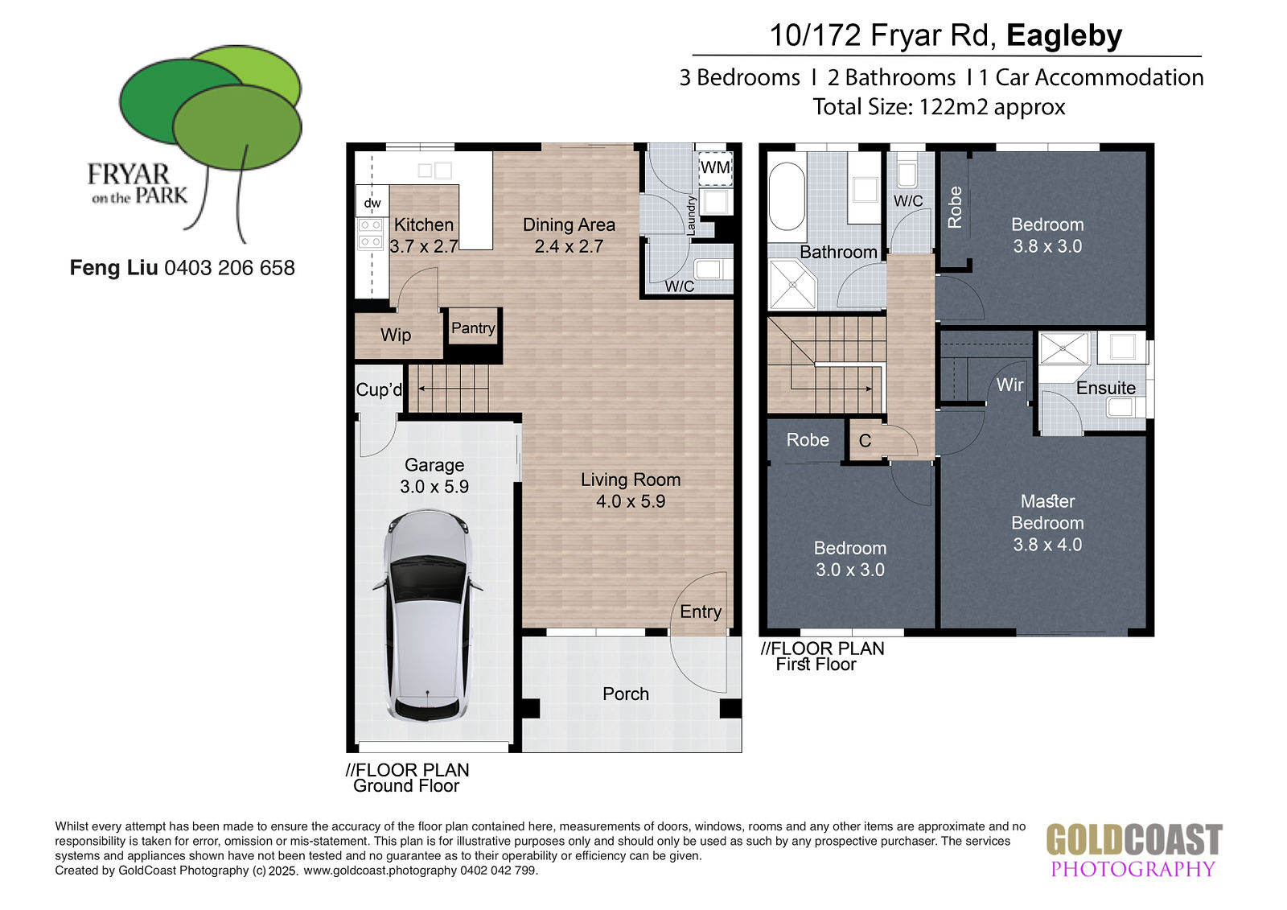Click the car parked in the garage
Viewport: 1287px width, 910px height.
point(427,616)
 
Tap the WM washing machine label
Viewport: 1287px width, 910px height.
point(715,167)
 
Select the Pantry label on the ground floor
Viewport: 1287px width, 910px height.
point(473,328)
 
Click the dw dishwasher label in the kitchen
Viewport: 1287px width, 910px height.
point(372,203)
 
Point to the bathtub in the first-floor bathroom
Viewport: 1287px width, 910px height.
point(787,196)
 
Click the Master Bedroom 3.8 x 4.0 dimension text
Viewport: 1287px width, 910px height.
point(1047,545)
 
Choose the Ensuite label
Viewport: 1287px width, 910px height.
point(1105,388)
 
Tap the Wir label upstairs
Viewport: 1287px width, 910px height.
point(1009,385)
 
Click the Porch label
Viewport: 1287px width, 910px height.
point(626,694)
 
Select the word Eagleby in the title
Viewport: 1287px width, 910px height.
point(1064,35)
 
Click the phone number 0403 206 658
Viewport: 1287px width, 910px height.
point(229,268)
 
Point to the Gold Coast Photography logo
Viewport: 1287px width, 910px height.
point(1133,850)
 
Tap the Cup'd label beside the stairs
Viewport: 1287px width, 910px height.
point(379,389)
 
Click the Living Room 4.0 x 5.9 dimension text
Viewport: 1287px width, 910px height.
point(631,501)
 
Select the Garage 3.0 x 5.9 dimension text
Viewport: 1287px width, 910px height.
point(434,486)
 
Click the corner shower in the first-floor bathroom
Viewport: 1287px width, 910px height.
point(792,285)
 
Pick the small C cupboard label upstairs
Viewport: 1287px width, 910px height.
point(865,441)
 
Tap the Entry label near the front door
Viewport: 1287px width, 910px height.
point(701,611)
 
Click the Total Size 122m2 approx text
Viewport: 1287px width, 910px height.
point(939,107)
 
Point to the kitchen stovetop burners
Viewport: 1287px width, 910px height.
point(371,233)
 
